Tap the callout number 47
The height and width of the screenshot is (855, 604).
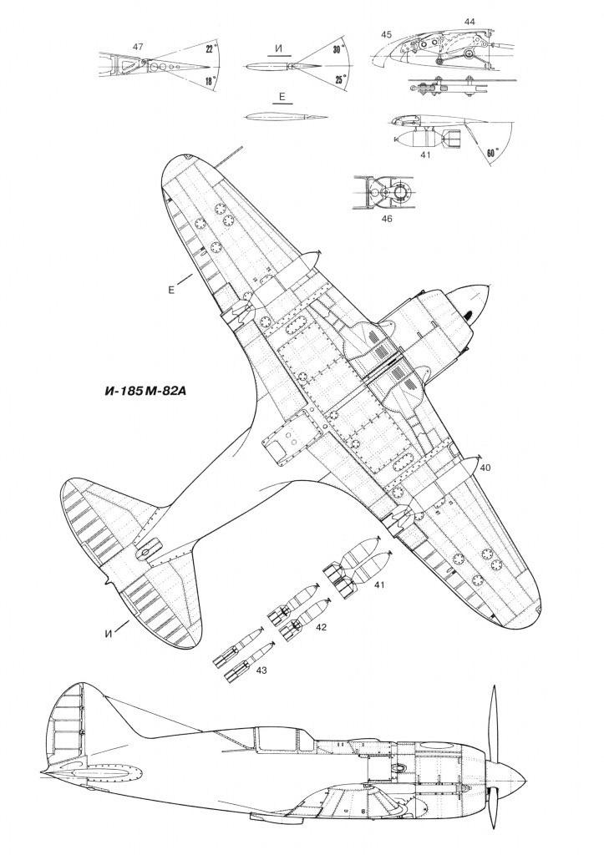pos(138,47)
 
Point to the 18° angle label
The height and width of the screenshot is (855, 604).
pos(211,81)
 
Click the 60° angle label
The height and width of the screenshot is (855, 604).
pos(492,154)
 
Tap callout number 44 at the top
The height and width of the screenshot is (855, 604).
pos(469,22)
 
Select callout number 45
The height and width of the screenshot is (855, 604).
pos(386,34)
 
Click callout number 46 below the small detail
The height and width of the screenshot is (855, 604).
pos(387,219)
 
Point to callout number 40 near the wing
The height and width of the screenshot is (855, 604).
pos(485,468)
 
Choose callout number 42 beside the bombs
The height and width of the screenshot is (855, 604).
pos(321,627)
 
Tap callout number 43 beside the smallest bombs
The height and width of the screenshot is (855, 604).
pos(261,670)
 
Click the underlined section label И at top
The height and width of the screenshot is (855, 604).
pos(280,49)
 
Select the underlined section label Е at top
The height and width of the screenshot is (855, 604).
pos(282,97)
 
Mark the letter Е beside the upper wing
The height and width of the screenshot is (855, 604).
pos(170,290)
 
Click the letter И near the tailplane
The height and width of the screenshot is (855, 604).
pos(109,634)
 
